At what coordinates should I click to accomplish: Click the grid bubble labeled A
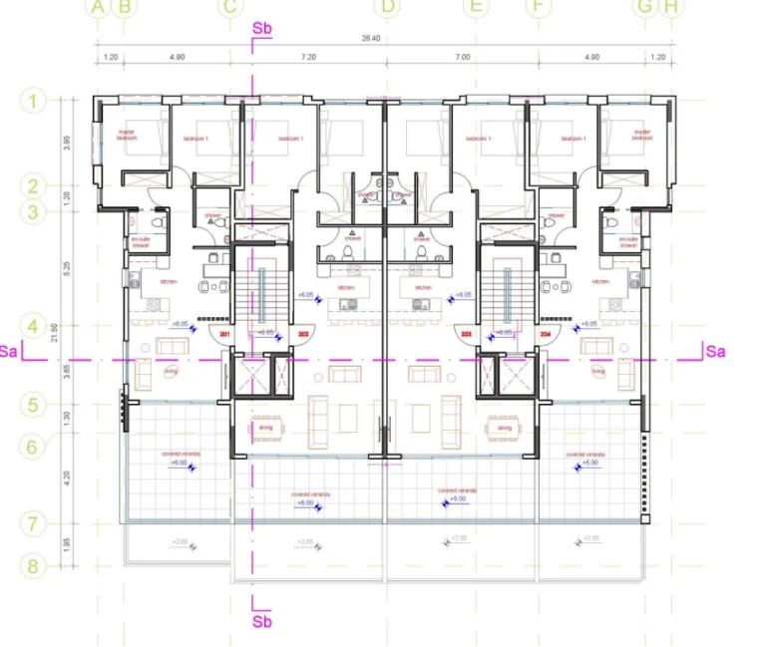(x=97, y=7)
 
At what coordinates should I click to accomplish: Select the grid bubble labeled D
(x=388, y=7)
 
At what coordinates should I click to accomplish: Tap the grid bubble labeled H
(x=671, y=7)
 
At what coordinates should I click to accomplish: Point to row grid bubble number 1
(x=33, y=101)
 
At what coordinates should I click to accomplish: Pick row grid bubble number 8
(x=33, y=566)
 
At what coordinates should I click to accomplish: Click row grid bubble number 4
(x=33, y=326)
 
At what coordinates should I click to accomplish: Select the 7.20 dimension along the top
(x=308, y=58)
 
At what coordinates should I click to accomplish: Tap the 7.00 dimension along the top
(x=462, y=58)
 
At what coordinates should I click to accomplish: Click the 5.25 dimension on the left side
(x=67, y=268)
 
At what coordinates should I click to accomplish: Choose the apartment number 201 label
(x=224, y=335)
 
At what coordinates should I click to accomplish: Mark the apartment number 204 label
(x=546, y=335)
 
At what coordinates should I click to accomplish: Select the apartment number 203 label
(x=467, y=335)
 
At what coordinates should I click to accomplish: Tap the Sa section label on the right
(x=715, y=351)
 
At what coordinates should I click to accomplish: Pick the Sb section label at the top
(x=262, y=28)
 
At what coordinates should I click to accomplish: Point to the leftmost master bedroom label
(x=127, y=135)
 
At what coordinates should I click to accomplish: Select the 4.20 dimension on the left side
(x=67, y=476)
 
